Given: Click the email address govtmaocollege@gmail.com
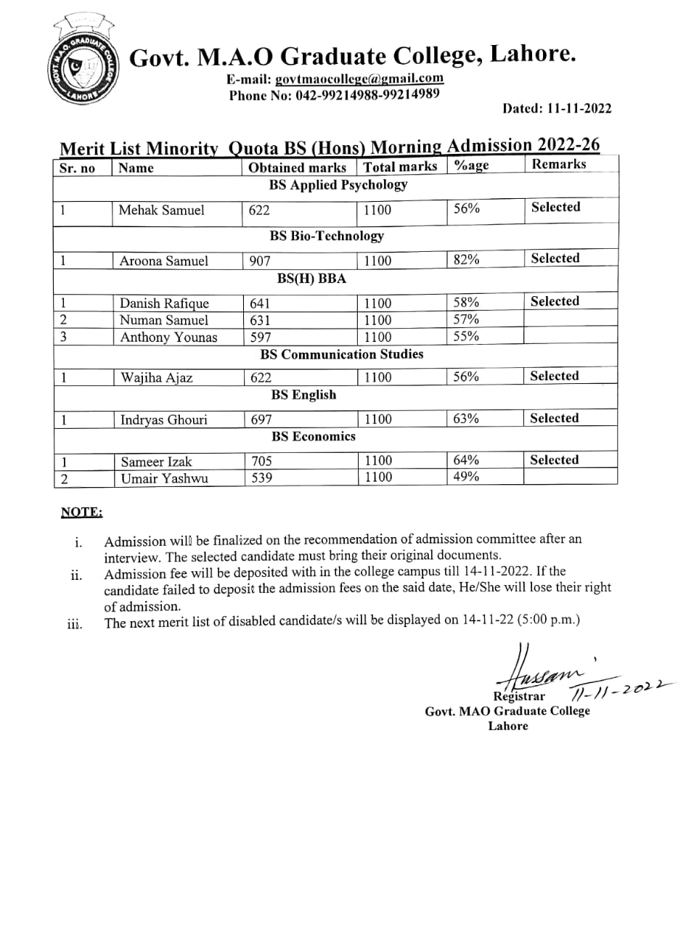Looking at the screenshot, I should point(359,78).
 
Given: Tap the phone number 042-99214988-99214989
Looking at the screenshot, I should point(367,94).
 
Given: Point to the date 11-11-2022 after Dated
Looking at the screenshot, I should point(579,109).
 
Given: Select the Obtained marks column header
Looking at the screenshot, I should point(297,168).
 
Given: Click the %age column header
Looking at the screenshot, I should point(471,165).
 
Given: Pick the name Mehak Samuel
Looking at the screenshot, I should point(161,210).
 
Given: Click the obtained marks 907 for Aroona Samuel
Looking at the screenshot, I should point(260,261).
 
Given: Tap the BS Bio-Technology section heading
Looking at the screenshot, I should point(327,236).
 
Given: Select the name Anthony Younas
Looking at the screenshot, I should point(168,337).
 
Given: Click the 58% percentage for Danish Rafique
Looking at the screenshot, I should point(466,302).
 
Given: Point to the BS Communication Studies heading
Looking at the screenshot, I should point(341,355).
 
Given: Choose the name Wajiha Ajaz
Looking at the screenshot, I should point(156,377).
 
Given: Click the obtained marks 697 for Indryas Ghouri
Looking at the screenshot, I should point(261,420).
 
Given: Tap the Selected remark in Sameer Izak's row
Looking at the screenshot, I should point(554,460).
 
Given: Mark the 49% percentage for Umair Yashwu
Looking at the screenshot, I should point(466,477).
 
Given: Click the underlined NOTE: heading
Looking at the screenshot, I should point(81,512).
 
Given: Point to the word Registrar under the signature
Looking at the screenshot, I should point(519,696).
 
